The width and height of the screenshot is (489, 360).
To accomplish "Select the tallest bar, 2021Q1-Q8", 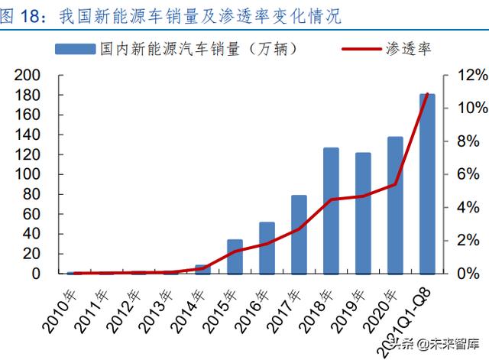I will [427, 183].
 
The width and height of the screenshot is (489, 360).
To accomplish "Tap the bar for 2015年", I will [235, 256].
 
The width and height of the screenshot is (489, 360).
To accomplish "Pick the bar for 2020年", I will [395, 205].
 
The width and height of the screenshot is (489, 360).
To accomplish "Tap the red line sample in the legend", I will [360, 49].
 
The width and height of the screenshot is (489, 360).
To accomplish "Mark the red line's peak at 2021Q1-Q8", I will [427, 95].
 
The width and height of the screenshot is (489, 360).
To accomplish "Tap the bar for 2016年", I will [267, 248].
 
